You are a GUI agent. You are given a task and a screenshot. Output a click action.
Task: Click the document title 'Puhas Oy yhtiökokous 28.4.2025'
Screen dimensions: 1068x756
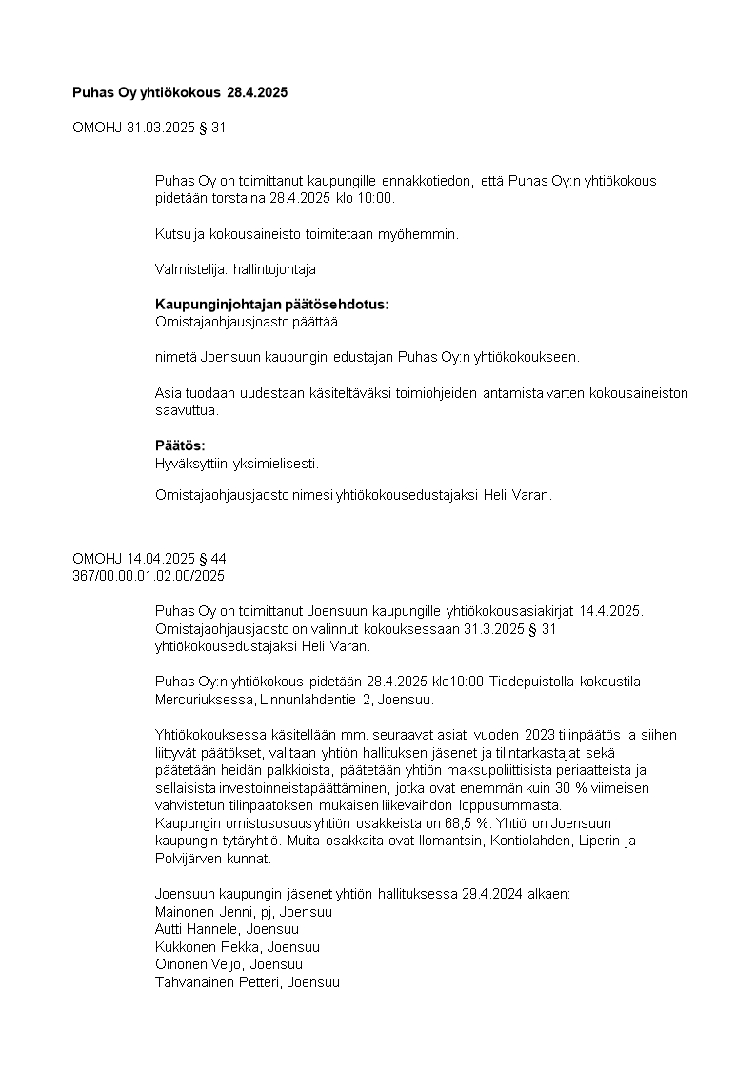[x=180, y=93]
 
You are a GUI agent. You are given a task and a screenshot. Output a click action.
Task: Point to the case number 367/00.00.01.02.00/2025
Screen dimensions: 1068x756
[x=149, y=576]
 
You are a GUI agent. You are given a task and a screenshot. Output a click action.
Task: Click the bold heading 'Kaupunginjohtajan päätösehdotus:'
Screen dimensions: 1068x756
[x=272, y=305]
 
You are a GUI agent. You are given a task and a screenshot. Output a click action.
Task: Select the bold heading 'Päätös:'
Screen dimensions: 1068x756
[x=180, y=445]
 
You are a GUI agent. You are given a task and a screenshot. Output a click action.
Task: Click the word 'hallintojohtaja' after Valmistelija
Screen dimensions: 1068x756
[x=274, y=269]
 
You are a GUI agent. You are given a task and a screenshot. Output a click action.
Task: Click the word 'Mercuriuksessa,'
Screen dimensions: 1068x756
[x=202, y=700]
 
